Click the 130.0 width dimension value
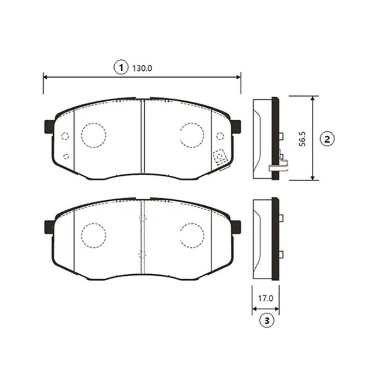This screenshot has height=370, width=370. (142, 68)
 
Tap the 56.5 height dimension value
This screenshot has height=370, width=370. (302, 139)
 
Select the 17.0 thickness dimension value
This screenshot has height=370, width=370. (265, 298)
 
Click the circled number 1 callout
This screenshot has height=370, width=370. (121, 68)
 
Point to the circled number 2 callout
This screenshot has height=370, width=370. (327, 139)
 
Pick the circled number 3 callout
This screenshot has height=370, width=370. (267, 321)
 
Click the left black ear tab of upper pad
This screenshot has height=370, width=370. (49, 127)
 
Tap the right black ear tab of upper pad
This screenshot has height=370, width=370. (236, 126)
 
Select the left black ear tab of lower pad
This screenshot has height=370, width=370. (49, 227)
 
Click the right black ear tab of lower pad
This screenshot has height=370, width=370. (236, 227)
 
